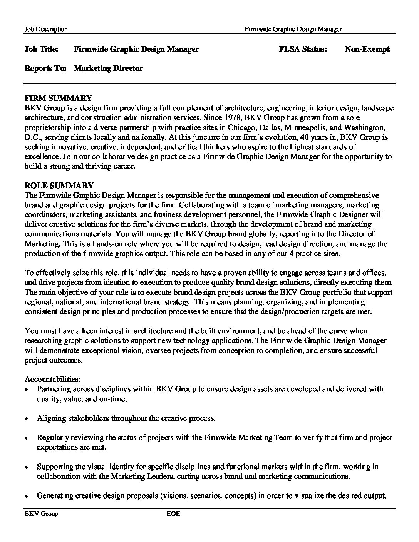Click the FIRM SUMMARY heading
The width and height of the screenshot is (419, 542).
click(x=58, y=98)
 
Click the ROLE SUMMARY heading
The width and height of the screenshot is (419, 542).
click(x=59, y=186)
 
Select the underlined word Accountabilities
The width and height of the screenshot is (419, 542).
click(x=52, y=379)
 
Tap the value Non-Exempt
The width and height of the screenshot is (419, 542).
click(x=367, y=49)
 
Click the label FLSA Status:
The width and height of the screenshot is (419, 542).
click(x=303, y=49)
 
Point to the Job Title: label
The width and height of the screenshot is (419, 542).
click(x=42, y=49)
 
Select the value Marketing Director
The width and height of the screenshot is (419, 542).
click(x=108, y=69)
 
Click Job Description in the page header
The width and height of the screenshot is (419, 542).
click(x=46, y=29)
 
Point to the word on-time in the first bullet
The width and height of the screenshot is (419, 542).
click(x=112, y=399)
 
